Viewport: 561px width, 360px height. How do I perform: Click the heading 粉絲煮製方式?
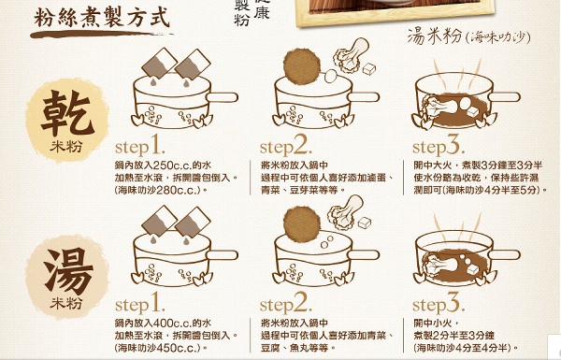[x=101, y=18]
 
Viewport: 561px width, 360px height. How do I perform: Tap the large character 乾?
[x=66, y=113]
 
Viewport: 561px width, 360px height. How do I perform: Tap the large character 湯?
[x=68, y=270]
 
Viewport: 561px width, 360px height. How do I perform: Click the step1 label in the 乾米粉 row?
[x=140, y=145]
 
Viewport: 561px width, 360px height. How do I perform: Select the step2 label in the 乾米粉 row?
[x=286, y=146]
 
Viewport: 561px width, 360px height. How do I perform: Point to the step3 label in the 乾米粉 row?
[x=439, y=146]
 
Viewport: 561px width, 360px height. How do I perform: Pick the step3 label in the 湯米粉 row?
[x=439, y=304]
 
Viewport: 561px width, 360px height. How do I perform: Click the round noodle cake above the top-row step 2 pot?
[x=302, y=66]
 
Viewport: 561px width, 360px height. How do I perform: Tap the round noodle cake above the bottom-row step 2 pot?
[x=302, y=224]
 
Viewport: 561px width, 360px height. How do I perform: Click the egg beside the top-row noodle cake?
[x=330, y=76]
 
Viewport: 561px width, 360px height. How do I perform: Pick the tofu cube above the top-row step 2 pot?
[x=369, y=68]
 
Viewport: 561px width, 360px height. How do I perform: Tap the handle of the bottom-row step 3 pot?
[x=504, y=254]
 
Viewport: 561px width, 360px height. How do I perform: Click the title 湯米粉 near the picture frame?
[x=435, y=36]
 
